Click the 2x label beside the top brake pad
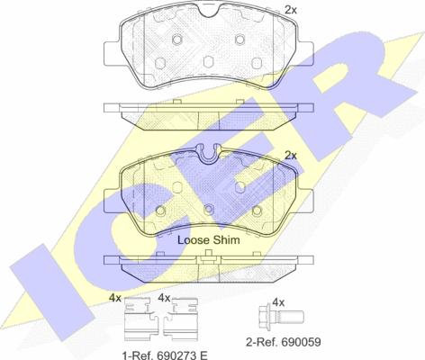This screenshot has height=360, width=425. click(290, 10)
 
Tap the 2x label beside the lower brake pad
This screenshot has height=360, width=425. click(290, 156)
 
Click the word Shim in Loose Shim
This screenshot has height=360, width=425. click(226, 239)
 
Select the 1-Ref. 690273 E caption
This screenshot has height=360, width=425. click(165, 355)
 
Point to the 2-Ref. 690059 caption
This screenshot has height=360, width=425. click(284, 342)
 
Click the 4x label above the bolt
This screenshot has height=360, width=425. click(278, 302)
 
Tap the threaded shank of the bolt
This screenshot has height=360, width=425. click(291, 316)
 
